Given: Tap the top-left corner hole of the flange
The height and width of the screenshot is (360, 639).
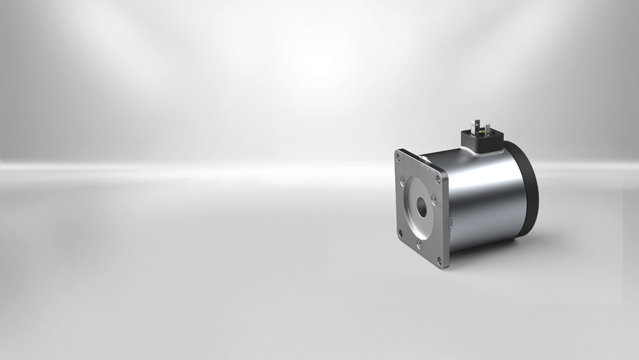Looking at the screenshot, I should point(399,157).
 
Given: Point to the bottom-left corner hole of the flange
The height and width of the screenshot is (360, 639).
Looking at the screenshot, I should point(400,233).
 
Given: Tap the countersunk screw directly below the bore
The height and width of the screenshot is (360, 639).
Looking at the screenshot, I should point(418,244).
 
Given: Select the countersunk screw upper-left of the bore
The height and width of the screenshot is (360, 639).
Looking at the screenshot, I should point(402,182).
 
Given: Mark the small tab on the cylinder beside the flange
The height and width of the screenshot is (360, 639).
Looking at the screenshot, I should point(452,223).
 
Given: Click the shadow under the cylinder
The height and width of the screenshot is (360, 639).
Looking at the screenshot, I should point(491,249).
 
